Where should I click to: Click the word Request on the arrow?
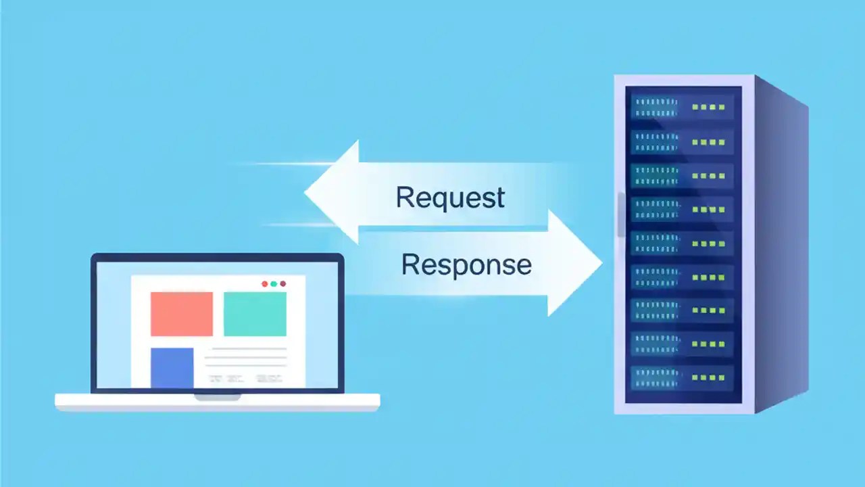(x=450, y=198)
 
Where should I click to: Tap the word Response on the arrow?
(x=466, y=264)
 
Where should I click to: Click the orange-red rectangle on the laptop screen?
(x=182, y=314)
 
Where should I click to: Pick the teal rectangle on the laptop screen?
(x=255, y=314)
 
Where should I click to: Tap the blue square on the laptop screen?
(x=172, y=367)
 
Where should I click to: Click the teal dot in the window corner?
(x=274, y=284)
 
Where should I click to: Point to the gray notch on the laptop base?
(x=218, y=398)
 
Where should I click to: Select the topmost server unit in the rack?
(x=683, y=107)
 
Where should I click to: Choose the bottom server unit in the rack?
(x=683, y=377)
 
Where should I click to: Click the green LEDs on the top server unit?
(x=708, y=107)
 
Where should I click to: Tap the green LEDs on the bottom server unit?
(x=708, y=377)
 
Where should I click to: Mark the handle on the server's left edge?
(x=620, y=215)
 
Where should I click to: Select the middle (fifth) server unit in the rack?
(x=683, y=243)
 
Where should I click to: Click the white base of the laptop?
(x=217, y=403)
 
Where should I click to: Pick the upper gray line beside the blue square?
(x=245, y=348)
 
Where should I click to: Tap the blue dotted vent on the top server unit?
(x=654, y=107)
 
